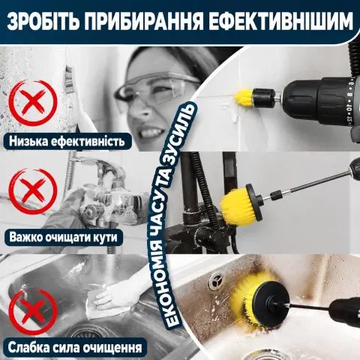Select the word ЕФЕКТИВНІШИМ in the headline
(x=280, y=22)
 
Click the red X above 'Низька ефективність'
(x=32, y=103)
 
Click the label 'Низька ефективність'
(x=67, y=141)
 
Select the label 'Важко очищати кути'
(x=64, y=237)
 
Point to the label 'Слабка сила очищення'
(x=75, y=347)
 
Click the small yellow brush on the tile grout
(x=244, y=98)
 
